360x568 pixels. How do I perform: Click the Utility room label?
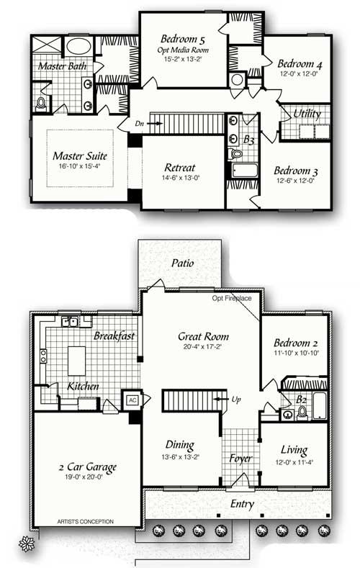click(307, 114)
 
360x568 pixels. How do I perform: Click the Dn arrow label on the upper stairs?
click(139, 123)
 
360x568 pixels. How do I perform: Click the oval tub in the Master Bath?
click(78, 48)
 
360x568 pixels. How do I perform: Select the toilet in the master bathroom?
click(40, 104)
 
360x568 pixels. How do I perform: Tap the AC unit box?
click(132, 400)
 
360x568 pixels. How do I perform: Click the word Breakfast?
click(114, 336)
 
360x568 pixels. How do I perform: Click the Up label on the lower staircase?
click(237, 397)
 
